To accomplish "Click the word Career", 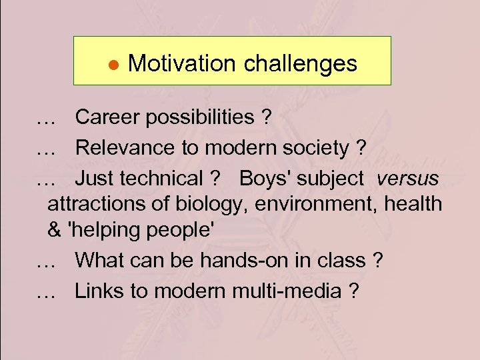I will tap(107, 117).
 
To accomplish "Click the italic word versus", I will tap(407, 179).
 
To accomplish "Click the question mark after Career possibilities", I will tap(266, 117).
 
